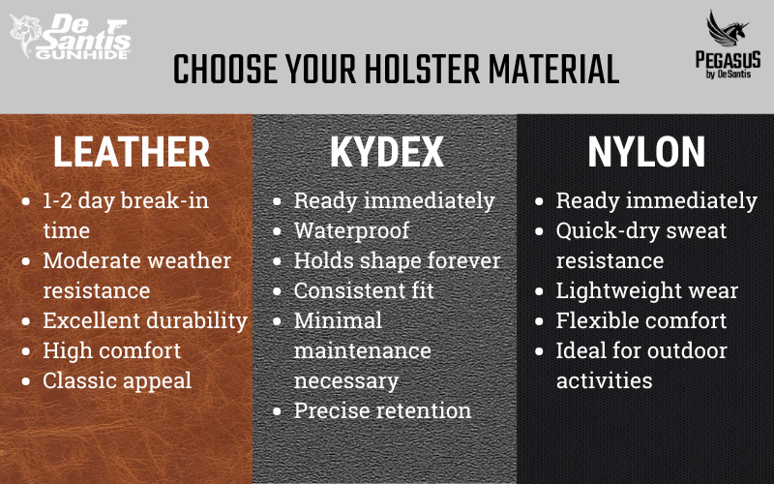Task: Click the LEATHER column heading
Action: [132, 152]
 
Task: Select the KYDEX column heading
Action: [386, 152]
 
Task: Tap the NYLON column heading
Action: [646, 152]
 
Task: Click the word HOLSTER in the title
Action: [422, 69]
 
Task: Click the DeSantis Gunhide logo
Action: [70, 37]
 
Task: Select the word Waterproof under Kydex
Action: [351, 230]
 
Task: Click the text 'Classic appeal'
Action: [117, 380]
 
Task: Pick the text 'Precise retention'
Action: [382, 410]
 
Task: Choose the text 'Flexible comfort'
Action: [641, 320]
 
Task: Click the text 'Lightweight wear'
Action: [647, 291]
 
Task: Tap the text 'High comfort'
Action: [112, 350]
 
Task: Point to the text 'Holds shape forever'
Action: [398, 260]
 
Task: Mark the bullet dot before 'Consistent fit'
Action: [277, 291]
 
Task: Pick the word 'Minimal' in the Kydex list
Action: [338, 320]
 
